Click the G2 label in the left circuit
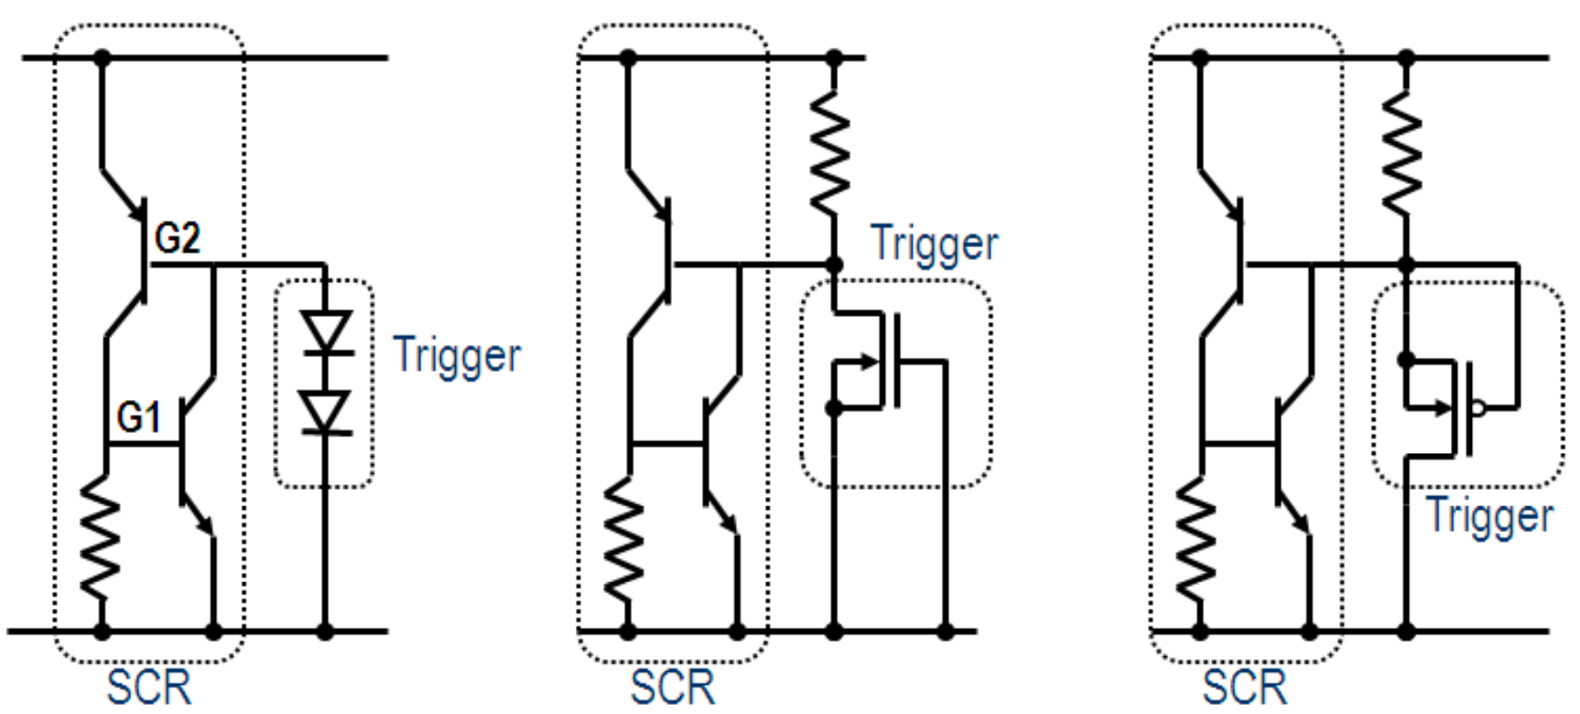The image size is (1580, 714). point(178,238)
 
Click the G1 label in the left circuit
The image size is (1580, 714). point(139,418)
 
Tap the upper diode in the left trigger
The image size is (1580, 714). point(326,331)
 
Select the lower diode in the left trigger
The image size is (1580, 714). point(326,412)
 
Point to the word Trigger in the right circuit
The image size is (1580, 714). point(1489,516)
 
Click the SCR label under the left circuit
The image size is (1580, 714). point(149,687)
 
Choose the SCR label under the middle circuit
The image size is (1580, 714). point(673,687)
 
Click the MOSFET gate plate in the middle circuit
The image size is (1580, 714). point(897,361)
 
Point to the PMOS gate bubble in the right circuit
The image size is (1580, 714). point(1477,408)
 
